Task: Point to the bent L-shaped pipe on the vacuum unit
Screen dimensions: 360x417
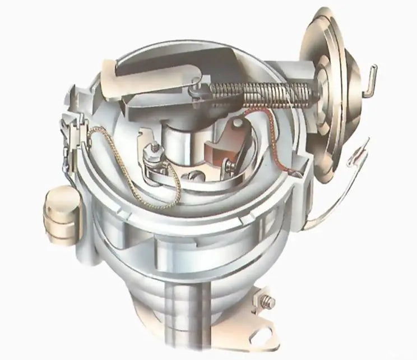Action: tap(370, 79)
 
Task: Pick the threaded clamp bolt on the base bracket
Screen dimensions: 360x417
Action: tap(267, 302)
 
